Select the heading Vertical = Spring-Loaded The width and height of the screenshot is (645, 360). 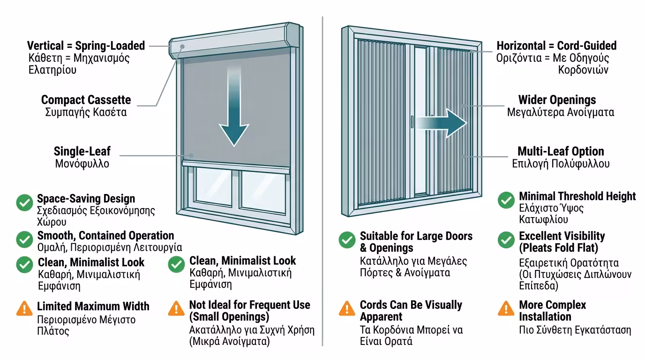point(86,46)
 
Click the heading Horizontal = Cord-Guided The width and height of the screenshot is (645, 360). point(556,46)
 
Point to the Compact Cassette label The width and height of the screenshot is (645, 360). point(86,100)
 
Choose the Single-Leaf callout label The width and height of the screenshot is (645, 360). point(82,151)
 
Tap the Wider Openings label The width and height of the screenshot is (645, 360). point(557,100)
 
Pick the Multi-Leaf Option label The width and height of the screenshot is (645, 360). point(561,151)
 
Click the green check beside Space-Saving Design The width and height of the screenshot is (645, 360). point(24,202)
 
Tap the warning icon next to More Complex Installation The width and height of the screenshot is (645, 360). point(506,308)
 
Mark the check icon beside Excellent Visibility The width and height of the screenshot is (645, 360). point(506,240)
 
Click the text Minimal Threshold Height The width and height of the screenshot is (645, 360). point(577,196)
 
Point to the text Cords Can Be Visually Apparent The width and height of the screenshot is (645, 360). point(411,311)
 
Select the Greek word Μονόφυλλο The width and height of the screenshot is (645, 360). point(82,164)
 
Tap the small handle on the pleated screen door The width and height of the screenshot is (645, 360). point(412,122)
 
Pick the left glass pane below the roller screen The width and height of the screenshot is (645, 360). point(216,187)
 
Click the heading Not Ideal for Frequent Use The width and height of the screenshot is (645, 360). point(249,310)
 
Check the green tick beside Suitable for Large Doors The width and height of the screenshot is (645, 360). point(347,240)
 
